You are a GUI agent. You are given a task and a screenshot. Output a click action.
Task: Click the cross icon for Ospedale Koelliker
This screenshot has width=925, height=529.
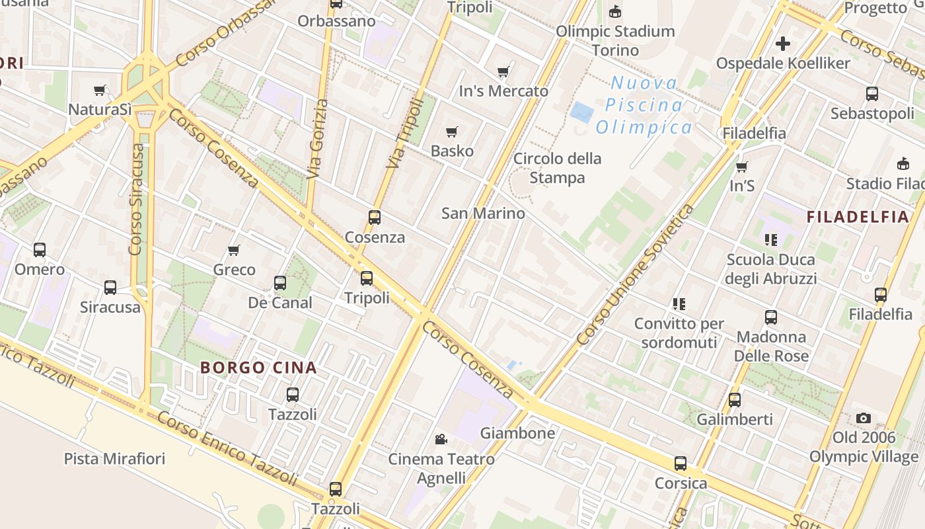click(783, 44)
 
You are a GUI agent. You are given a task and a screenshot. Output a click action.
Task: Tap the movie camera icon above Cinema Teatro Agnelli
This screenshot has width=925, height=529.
click(441, 439)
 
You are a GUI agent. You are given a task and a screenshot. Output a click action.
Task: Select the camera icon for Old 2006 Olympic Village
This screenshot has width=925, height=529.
click(863, 418)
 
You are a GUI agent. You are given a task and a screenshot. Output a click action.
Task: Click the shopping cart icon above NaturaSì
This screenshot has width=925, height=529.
click(100, 90)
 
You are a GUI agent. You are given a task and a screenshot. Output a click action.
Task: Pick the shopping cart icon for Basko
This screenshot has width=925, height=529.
click(452, 132)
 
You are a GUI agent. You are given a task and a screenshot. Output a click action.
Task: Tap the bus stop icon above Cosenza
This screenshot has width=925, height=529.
click(375, 217)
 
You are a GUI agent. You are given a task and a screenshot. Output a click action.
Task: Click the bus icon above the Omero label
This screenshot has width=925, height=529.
click(40, 249)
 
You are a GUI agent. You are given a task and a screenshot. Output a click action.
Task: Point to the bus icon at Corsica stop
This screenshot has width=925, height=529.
click(681, 464)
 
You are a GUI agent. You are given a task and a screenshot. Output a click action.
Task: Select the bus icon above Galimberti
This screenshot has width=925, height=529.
click(735, 399)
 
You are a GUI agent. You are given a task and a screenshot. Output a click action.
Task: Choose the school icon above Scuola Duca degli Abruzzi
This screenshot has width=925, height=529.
click(771, 239)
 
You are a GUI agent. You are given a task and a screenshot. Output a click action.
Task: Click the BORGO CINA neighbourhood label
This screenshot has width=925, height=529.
click(258, 368)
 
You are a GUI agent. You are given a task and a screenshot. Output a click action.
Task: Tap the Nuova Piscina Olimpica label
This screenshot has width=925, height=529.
click(644, 105)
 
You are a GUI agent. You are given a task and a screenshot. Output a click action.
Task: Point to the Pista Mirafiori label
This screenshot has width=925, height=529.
click(114, 458)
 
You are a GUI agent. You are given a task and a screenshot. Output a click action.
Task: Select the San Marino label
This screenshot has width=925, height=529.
click(483, 213)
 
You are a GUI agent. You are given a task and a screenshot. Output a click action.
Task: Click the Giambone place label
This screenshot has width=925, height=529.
click(517, 433)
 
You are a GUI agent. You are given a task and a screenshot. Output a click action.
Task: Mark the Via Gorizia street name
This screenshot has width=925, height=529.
click(318, 139)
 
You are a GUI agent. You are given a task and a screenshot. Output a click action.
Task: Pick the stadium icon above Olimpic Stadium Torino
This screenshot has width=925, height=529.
click(615, 11)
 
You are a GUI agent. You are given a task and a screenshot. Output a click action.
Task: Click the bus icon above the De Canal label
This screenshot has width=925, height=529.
click(280, 283)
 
